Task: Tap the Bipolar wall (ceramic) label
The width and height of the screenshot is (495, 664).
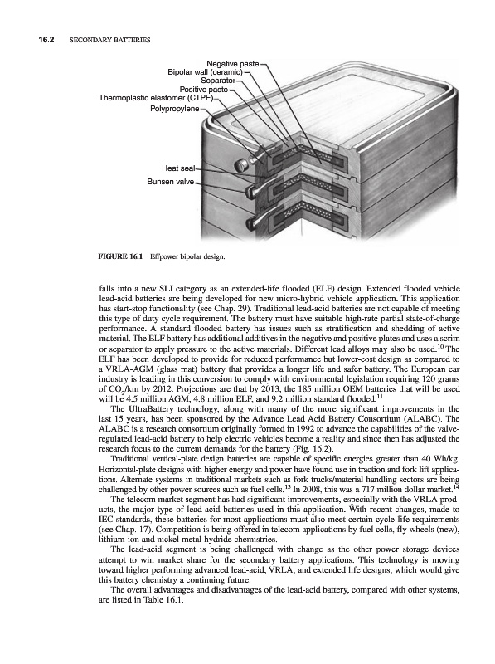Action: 205,72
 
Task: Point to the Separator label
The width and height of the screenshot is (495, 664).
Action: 218,80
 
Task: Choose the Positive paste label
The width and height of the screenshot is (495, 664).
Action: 204,90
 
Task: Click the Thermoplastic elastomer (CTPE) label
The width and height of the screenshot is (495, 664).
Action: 157,98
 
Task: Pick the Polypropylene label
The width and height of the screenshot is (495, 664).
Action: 175,109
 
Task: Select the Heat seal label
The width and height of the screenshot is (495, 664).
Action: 178,168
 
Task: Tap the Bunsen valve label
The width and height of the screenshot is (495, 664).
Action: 171,182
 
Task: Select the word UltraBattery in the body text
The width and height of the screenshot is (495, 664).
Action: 143,409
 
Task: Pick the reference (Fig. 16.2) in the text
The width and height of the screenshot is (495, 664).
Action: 314,449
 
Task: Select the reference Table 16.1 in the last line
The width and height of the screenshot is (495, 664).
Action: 161,601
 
